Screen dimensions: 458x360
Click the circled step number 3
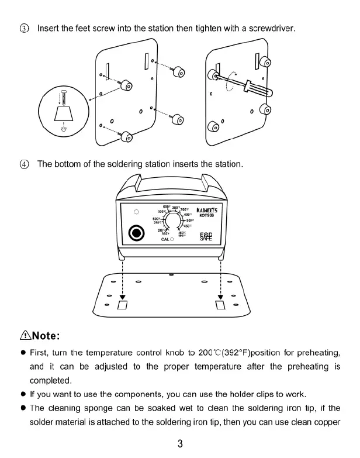point(24,28)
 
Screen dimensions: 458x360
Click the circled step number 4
point(24,164)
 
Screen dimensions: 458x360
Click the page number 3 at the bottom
point(180,443)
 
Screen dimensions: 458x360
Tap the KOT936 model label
point(208,215)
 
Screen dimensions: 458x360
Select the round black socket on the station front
point(136,235)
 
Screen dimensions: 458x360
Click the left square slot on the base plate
point(122,305)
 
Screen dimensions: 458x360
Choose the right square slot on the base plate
point(220,305)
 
